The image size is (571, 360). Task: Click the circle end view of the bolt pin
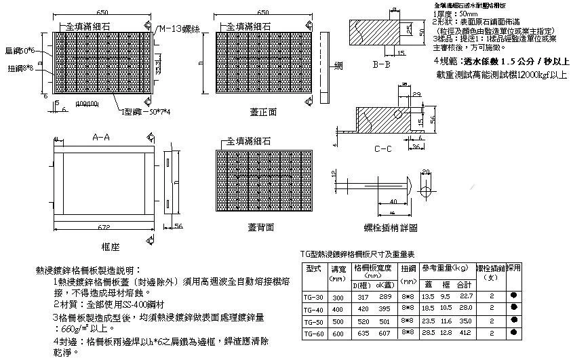click(425, 184)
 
